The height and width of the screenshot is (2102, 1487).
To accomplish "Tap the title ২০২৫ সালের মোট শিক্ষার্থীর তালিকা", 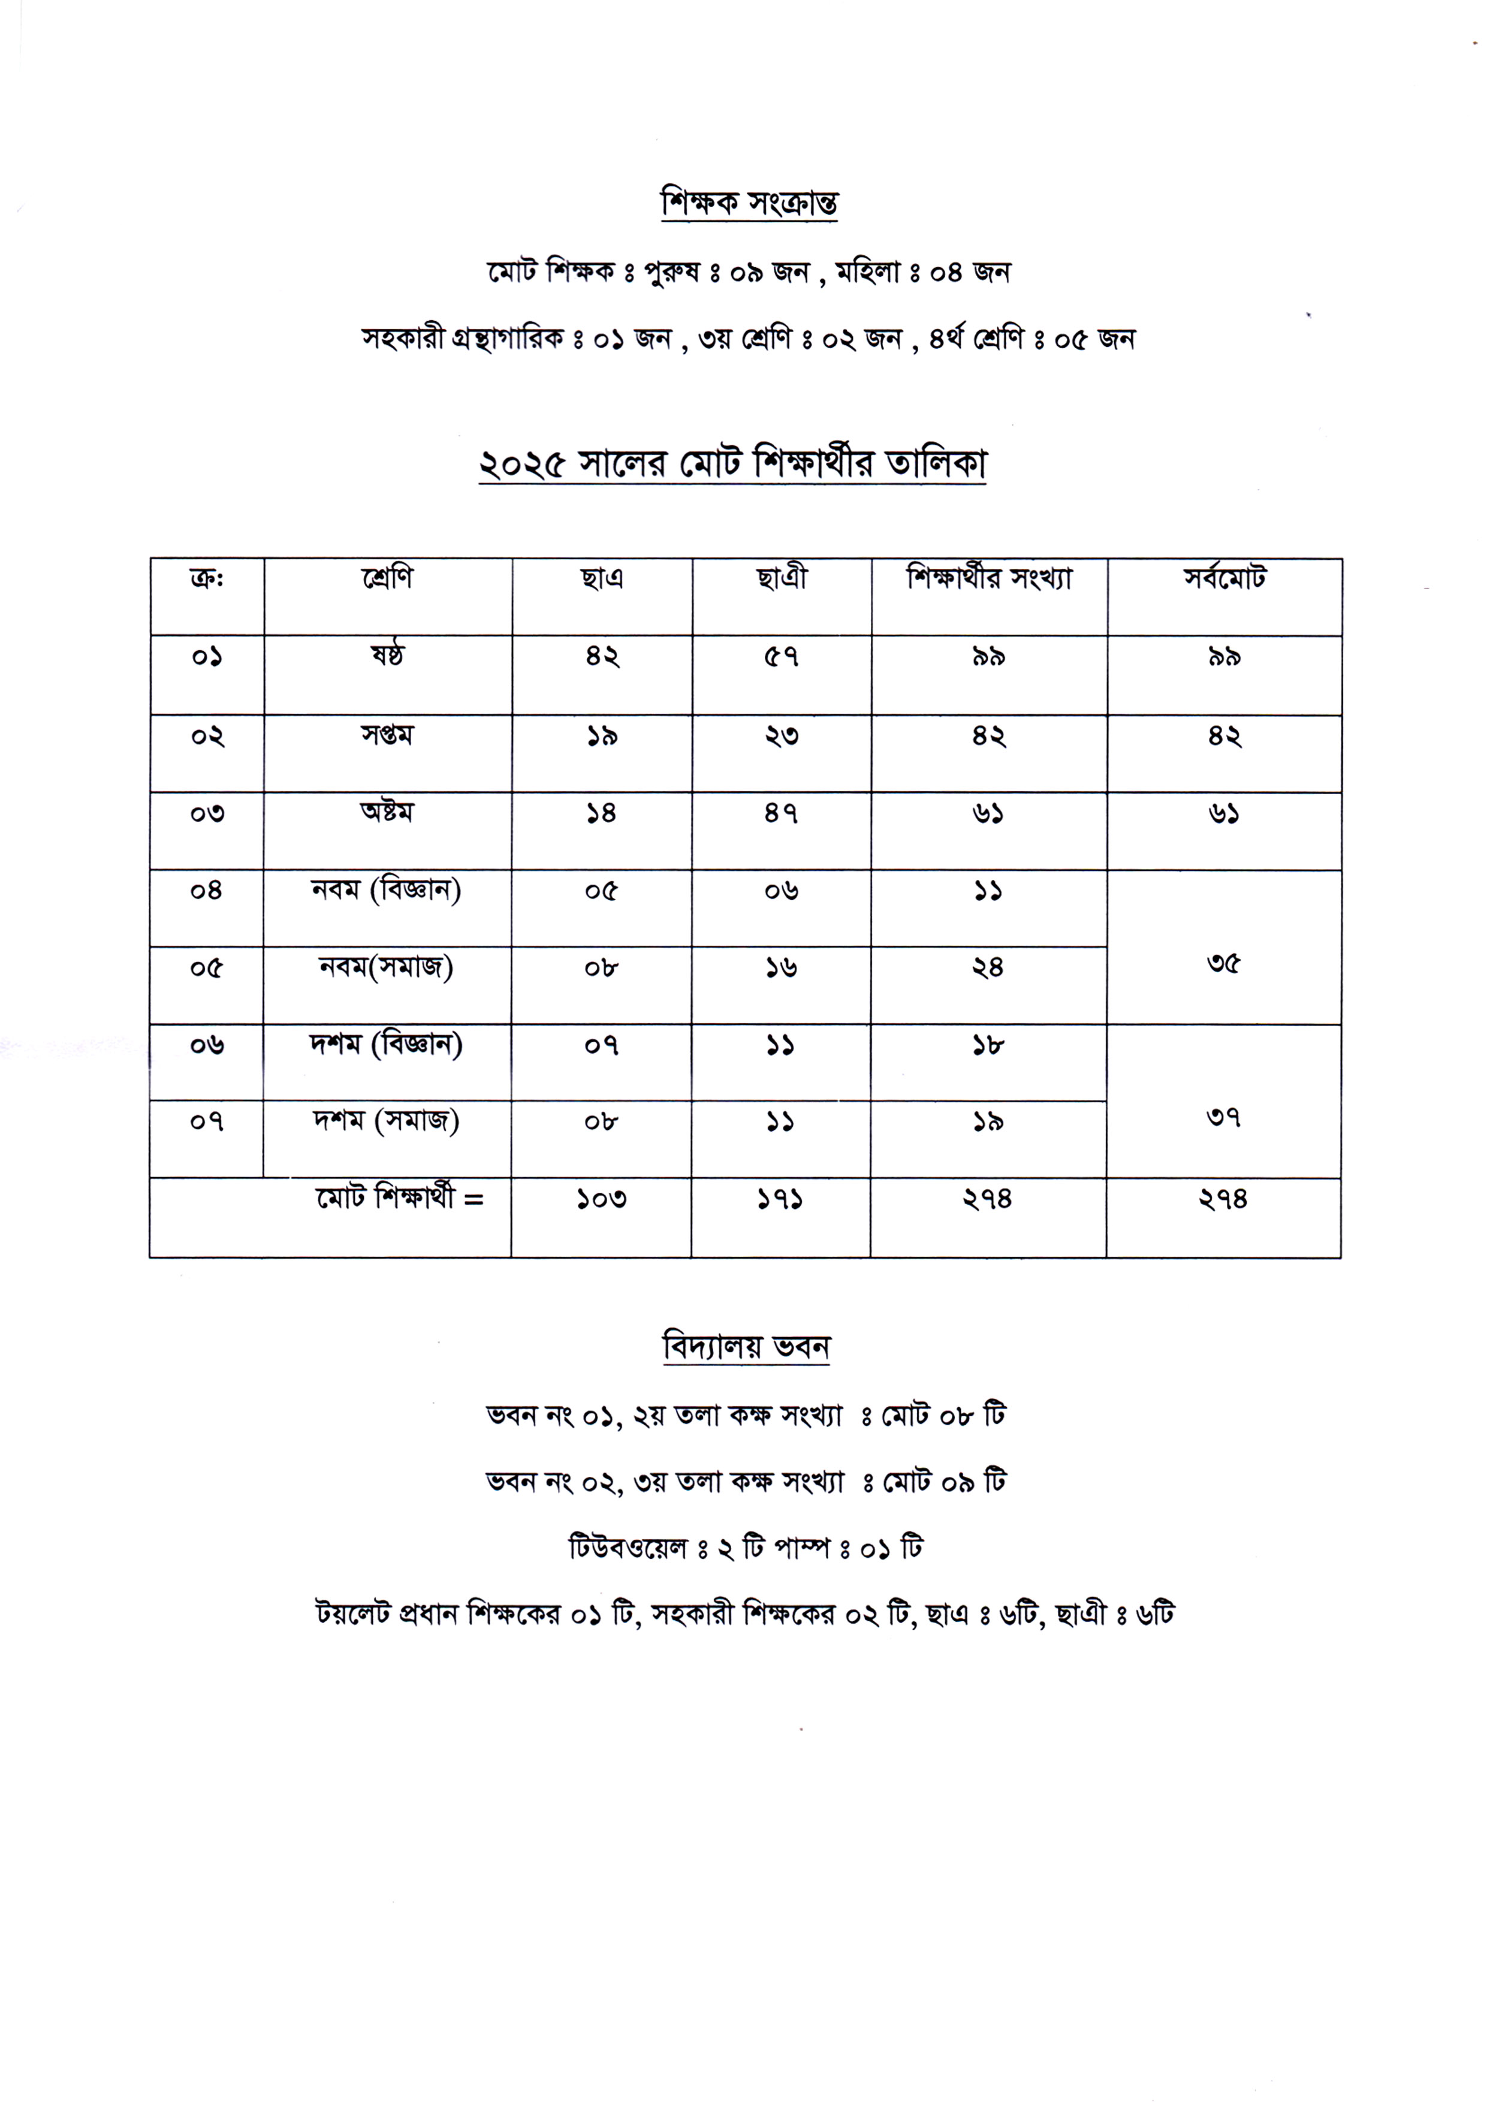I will tap(732, 464).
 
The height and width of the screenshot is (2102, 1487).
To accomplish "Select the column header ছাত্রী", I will tap(781, 578).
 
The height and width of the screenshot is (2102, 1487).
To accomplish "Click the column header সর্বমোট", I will tap(1224, 578).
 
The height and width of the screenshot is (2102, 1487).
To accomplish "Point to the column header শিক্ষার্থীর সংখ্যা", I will tap(989, 578).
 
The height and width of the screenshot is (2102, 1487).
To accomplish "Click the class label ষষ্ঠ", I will tap(387, 656).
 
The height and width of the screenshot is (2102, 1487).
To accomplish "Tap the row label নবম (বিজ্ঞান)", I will tap(387, 890).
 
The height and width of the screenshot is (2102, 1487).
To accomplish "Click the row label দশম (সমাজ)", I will tap(387, 1121).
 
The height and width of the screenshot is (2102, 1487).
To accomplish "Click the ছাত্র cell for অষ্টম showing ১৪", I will tap(602, 813).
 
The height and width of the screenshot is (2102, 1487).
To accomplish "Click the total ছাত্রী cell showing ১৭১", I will tap(780, 1199).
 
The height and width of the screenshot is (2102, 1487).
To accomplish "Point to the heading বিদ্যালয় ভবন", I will tap(746, 1347).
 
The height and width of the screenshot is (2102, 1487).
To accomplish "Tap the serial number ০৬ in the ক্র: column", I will tap(207, 1045).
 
